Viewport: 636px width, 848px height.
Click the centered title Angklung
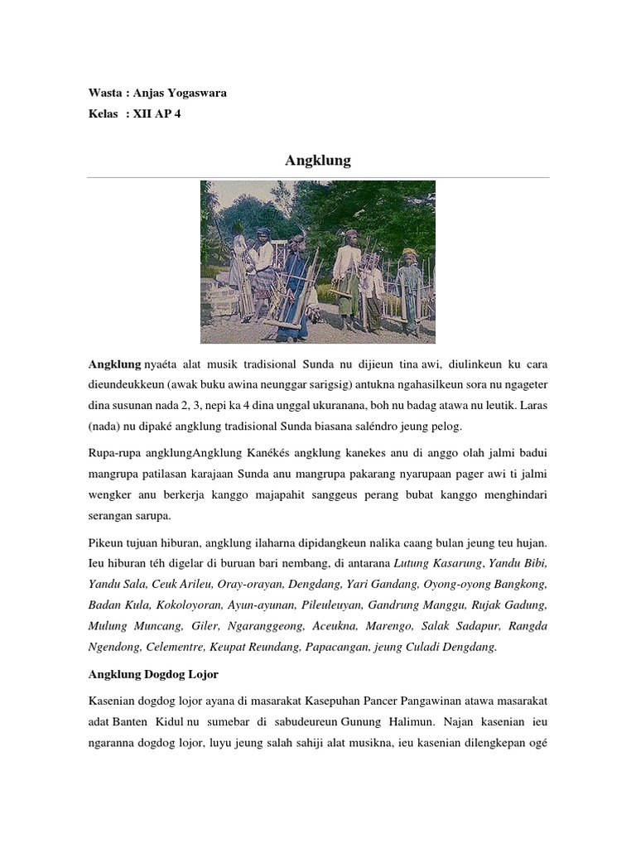[x=318, y=161]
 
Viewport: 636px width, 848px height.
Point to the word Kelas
[x=104, y=114]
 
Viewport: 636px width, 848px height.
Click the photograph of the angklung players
[x=318, y=262]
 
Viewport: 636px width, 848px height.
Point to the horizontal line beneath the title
[x=318, y=177]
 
